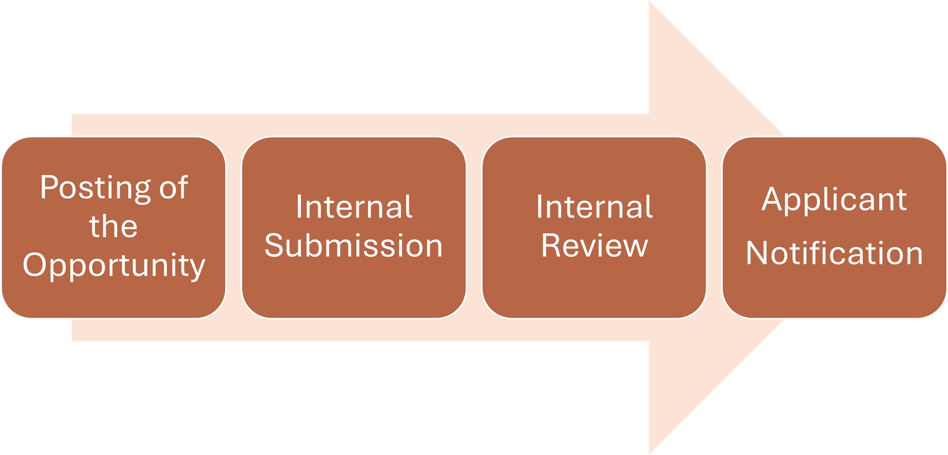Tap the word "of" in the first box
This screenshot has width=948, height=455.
pyautogui.click(x=174, y=188)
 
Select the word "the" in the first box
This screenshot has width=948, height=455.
pyautogui.click(x=113, y=226)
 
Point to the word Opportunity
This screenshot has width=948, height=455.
pyautogui.click(x=114, y=265)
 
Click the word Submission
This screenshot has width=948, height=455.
pyautogui.click(x=353, y=246)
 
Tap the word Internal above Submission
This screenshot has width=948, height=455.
pyautogui.click(x=354, y=207)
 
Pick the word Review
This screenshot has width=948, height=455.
pyautogui.click(x=594, y=246)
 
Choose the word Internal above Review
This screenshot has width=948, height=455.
pyautogui.click(x=594, y=207)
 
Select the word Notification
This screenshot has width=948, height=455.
pyautogui.click(x=834, y=254)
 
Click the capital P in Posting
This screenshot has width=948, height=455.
pyautogui.click(x=49, y=187)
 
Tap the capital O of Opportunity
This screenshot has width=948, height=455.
pyautogui.click(x=34, y=264)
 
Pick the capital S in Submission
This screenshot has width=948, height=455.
pyautogui.click(x=274, y=245)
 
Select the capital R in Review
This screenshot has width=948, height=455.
pyautogui.click(x=550, y=245)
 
